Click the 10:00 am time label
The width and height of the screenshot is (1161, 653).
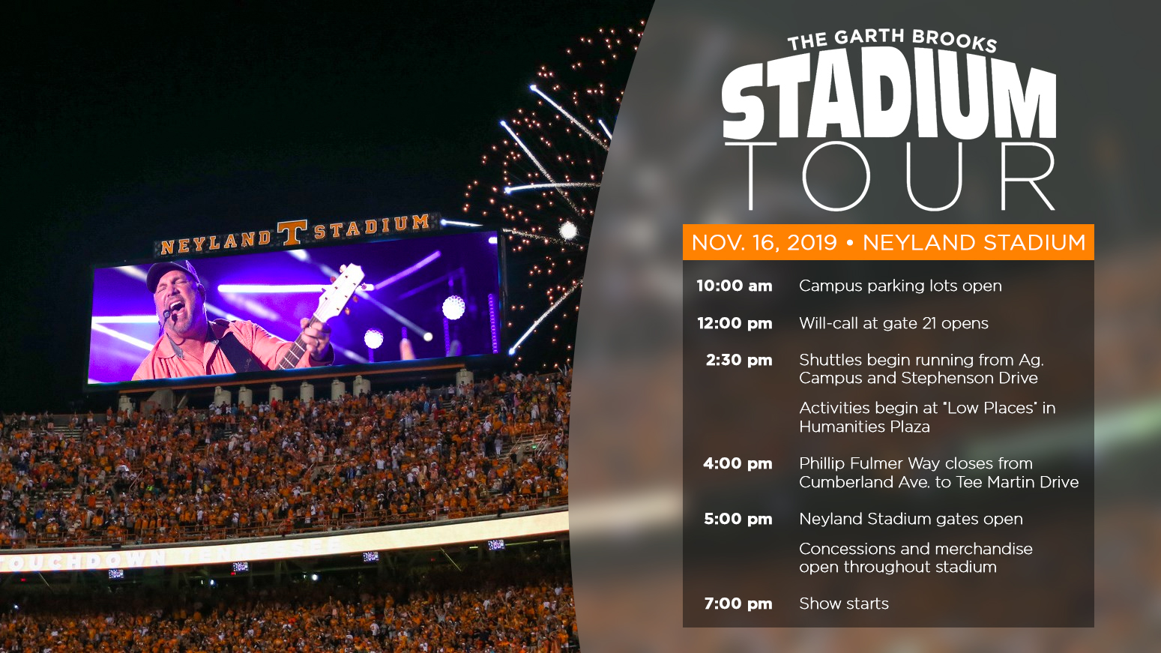point(734,286)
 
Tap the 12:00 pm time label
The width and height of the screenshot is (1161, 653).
point(735,323)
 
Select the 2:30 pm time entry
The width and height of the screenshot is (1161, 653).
point(738,360)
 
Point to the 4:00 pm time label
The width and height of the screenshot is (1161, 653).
point(738,463)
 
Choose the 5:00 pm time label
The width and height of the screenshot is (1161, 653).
point(738,519)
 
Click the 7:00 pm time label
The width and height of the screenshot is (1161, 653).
point(738,604)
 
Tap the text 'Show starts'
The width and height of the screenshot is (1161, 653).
point(844,604)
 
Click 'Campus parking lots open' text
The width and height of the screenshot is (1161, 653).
point(900,286)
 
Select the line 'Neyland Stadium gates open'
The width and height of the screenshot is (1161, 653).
point(911,519)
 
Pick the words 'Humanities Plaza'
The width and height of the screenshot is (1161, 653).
point(864,427)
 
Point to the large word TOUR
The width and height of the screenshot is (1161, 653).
point(890,176)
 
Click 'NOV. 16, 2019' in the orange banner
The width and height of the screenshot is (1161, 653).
point(765,243)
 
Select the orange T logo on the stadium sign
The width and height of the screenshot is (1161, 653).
point(292,232)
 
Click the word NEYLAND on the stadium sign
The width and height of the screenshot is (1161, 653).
point(215,241)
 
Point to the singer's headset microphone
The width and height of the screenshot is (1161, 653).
point(167,313)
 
